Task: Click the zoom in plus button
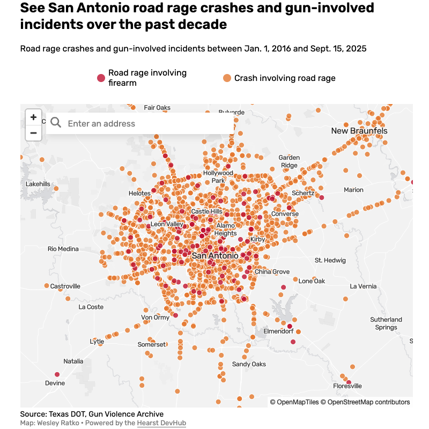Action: (x=33, y=117)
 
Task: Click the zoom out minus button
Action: (x=33, y=132)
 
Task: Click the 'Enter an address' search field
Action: (x=145, y=123)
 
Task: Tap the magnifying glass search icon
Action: (x=56, y=123)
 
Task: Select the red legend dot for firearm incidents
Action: (x=101, y=78)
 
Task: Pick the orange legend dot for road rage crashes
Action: (x=227, y=78)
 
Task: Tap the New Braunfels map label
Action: (x=359, y=131)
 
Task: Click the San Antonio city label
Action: (x=214, y=256)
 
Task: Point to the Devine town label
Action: (x=55, y=383)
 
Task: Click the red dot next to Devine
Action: (x=57, y=374)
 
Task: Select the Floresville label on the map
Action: (x=347, y=386)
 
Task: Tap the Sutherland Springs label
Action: (x=386, y=323)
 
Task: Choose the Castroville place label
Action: (x=65, y=286)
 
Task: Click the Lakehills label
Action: (x=38, y=184)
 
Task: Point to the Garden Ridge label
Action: (x=289, y=161)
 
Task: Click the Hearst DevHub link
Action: (x=161, y=423)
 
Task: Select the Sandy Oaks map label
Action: (x=249, y=364)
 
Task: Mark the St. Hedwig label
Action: (x=330, y=260)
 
